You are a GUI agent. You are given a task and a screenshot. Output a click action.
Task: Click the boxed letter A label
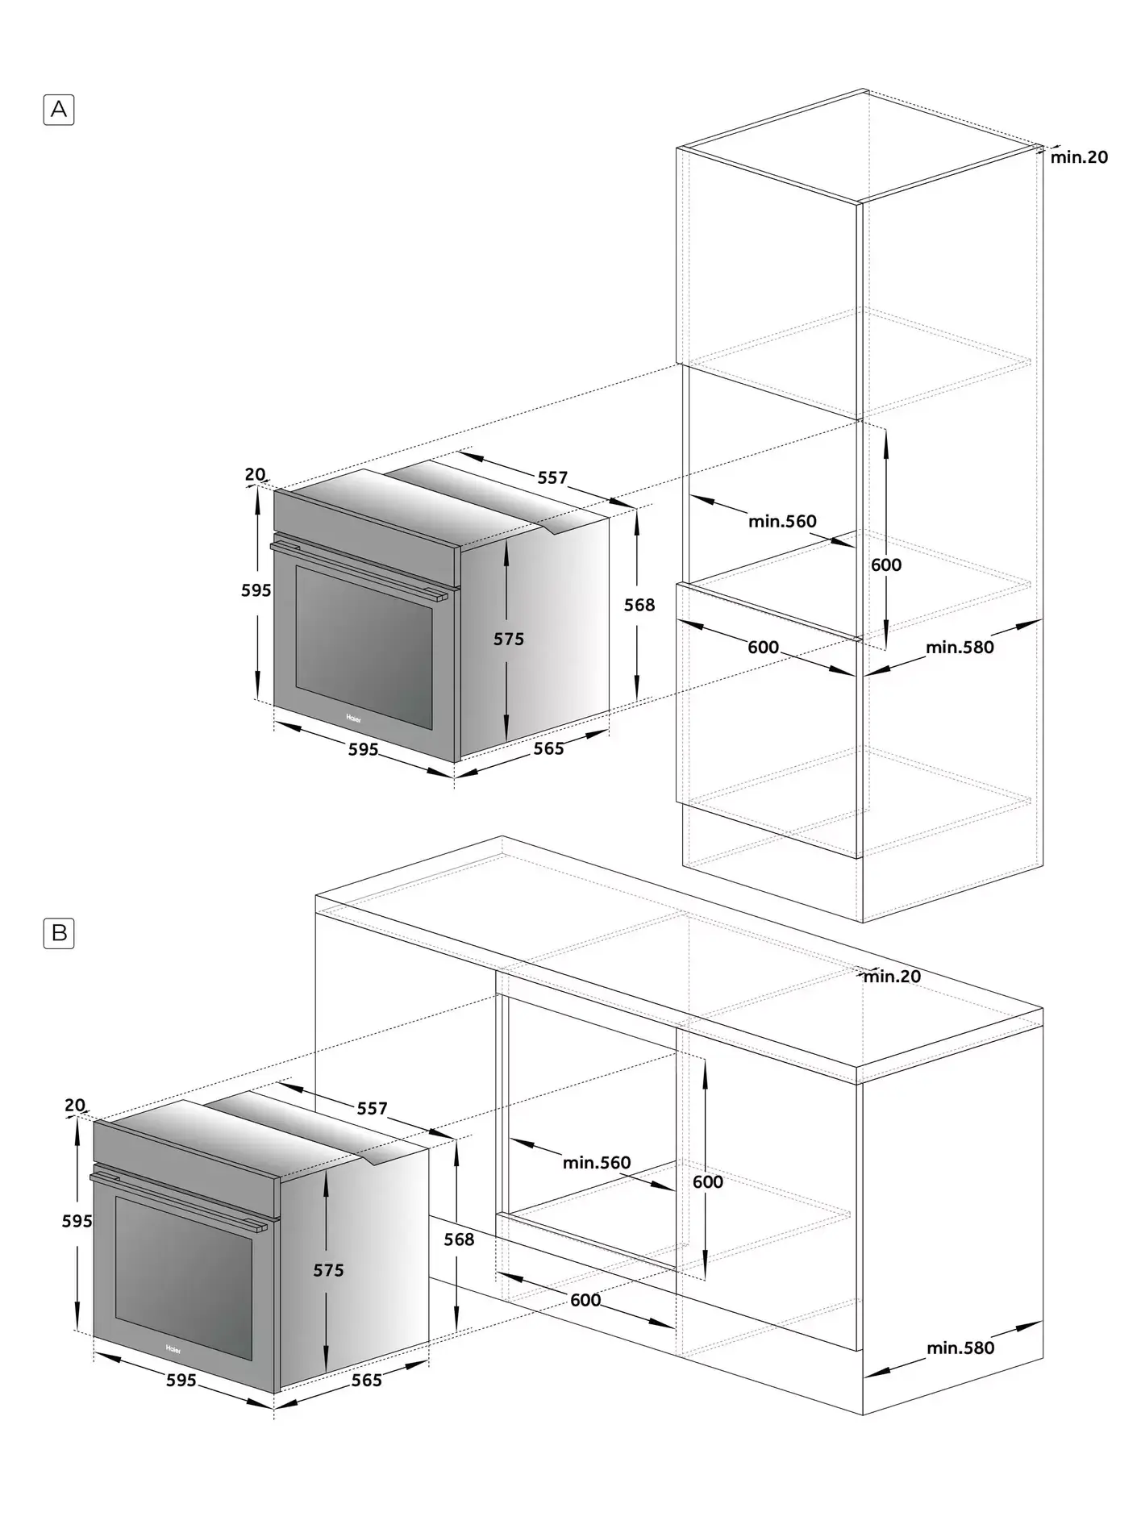[x=58, y=110]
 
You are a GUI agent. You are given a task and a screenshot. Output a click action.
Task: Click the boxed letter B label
[x=59, y=933]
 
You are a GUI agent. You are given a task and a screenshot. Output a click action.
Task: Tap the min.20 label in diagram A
[x=1079, y=157]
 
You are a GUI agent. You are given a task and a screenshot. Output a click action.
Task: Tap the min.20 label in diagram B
[x=892, y=977]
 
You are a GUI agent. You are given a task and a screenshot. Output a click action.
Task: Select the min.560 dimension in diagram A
[x=782, y=521]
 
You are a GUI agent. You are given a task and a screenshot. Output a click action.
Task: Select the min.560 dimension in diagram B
[x=597, y=1162]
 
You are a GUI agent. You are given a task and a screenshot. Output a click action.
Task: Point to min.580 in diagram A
[x=960, y=647]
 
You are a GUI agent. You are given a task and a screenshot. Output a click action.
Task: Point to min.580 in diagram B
[x=960, y=1348]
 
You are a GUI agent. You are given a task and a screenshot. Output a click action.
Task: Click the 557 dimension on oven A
[x=553, y=477]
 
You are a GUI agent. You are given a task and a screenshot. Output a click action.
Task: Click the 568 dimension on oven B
[x=459, y=1239]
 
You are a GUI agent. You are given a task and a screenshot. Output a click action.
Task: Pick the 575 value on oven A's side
[x=509, y=639]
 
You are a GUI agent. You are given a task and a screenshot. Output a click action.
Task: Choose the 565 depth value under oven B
[x=367, y=1380]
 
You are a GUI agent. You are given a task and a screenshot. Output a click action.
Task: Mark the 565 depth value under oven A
[x=549, y=748]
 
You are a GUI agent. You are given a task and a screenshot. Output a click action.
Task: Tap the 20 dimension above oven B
[x=75, y=1105]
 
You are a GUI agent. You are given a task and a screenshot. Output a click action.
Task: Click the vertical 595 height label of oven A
[x=256, y=590]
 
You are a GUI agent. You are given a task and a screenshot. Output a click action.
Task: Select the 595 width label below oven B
[x=181, y=1380]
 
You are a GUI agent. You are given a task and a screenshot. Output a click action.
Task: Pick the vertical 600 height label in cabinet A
[x=886, y=565]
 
